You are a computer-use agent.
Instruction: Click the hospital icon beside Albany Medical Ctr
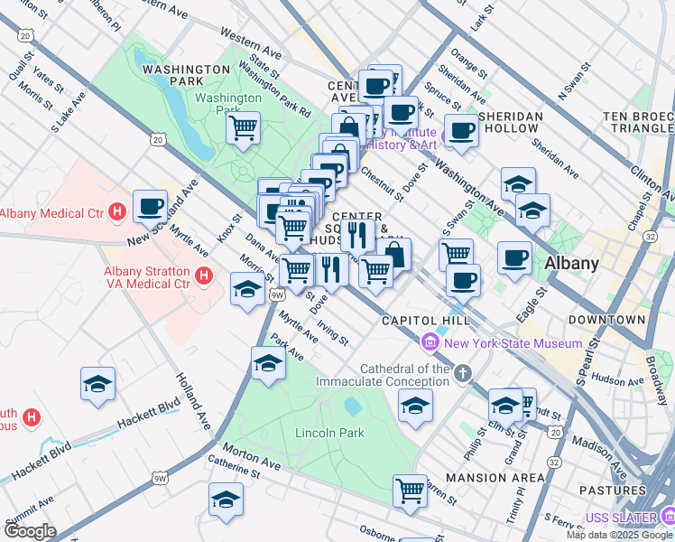[x=116, y=213]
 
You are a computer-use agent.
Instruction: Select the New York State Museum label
[x=513, y=343]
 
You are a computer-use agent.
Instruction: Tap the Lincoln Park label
[x=329, y=433]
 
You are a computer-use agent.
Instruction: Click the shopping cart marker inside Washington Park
[x=243, y=127]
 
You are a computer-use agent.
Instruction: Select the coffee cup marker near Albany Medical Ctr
[x=151, y=206]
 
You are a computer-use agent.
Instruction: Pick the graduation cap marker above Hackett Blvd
[x=97, y=384]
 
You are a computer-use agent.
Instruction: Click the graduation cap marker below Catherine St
[x=226, y=500]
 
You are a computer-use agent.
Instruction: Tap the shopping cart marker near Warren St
[x=410, y=491]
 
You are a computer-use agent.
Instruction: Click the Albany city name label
[x=572, y=264]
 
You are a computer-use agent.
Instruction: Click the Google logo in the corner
[x=30, y=531]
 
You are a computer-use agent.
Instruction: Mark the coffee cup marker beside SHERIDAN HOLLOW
[x=462, y=129]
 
